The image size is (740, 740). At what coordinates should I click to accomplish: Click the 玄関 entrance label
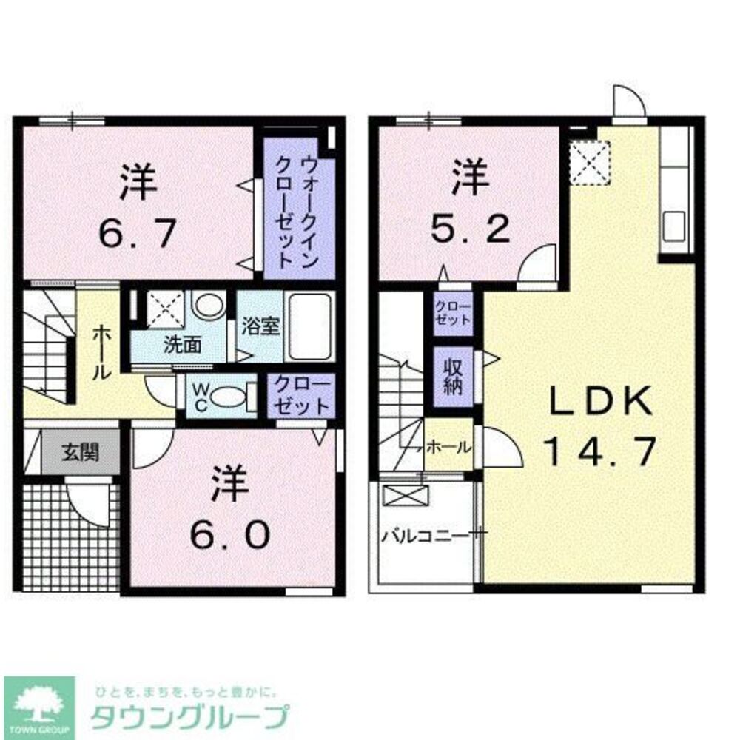click(x=80, y=453)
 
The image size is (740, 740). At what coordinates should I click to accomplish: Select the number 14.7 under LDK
click(x=600, y=451)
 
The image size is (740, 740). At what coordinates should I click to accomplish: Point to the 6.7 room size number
click(x=138, y=232)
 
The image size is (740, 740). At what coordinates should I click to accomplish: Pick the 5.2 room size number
click(x=471, y=229)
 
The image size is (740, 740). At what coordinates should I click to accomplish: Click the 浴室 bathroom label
click(x=260, y=325)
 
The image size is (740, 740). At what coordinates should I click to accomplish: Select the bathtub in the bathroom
click(x=309, y=326)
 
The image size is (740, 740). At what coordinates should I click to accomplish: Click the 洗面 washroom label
click(x=183, y=345)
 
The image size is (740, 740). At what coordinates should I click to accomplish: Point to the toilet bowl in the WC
click(x=226, y=396)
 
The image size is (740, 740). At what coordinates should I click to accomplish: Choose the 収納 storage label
click(x=453, y=377)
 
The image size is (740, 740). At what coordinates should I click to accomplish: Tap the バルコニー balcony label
click(x=425, y=536)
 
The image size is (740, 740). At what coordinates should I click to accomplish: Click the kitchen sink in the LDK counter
click(x=674, y=226)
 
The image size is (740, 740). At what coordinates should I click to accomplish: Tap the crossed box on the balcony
click(x=406, y=495)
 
